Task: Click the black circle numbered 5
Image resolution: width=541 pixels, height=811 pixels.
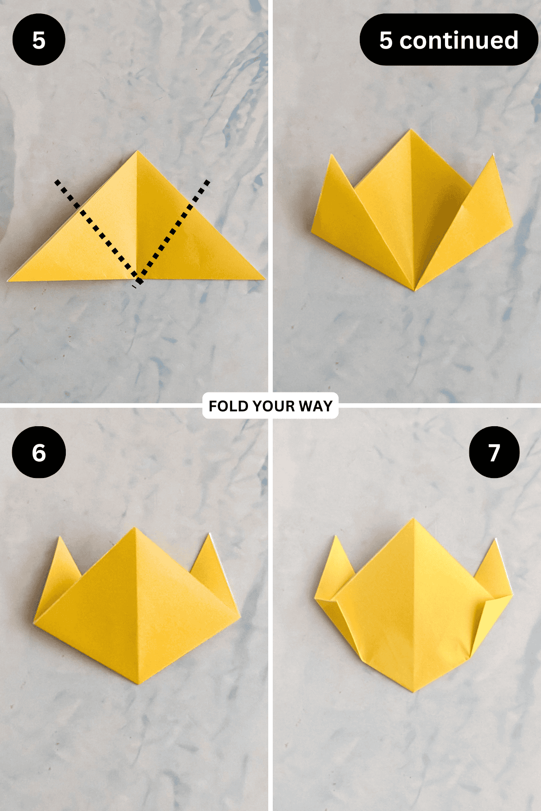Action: click(39, 40)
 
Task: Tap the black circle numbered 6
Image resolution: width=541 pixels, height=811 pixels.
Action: click(39, 452)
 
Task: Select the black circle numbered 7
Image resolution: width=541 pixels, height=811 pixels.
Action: click(494, 452)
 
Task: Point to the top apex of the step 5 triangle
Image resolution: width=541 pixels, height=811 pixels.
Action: click(138, 151)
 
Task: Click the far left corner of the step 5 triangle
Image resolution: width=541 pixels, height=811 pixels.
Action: click(8, 281)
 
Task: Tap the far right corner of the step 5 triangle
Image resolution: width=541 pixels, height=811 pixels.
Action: click(265, 279)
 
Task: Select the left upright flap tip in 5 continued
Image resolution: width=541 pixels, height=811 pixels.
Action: click(332, 155)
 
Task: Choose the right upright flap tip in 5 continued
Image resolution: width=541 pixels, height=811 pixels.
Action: click(493, 154)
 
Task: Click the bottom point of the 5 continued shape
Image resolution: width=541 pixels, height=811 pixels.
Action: click(415, 291)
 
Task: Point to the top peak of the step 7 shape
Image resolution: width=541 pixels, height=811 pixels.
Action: click(413, 519)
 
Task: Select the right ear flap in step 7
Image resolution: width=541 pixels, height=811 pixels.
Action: click(494, 570)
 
